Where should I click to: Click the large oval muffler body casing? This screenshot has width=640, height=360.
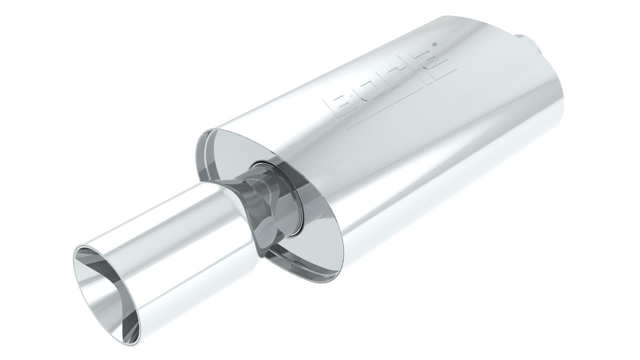(425, 150)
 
